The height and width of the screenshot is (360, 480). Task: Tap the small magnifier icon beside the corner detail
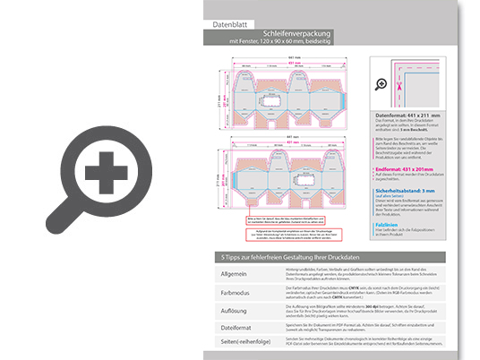pyautogui.click(x=381, y=84)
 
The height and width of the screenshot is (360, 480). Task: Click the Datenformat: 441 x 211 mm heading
pyautogui.click(x=415, y=115)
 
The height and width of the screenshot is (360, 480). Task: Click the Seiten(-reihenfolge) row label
pyautogui.click(x=235, y=345)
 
